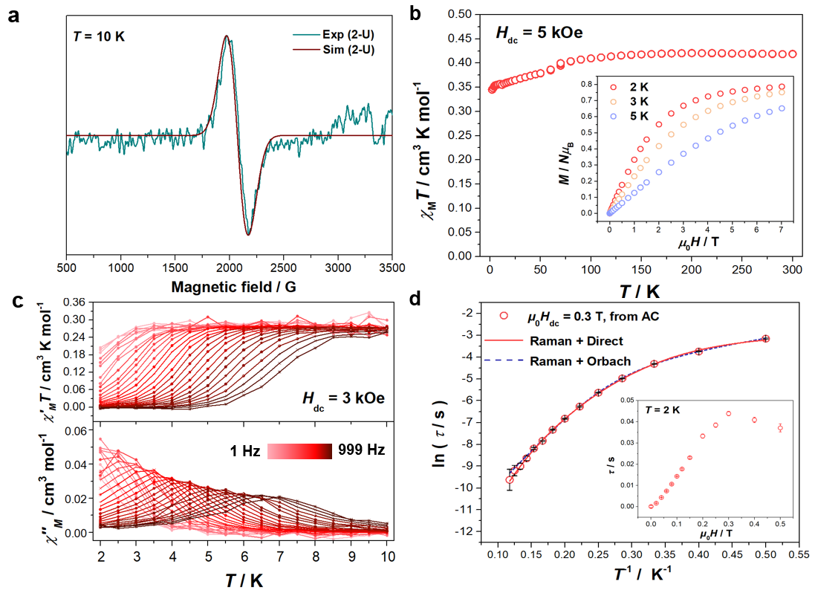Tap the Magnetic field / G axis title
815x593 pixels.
[x=229, y=287]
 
